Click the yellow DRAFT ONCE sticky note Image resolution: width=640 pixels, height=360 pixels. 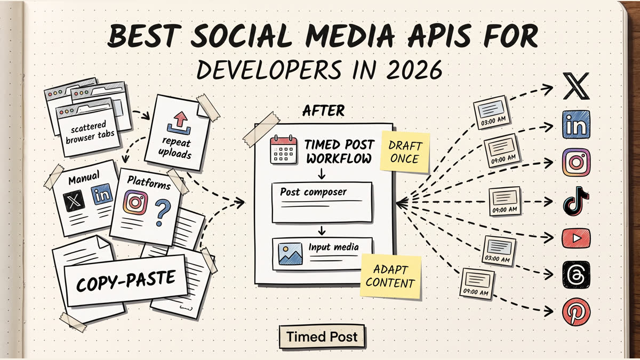point(405,151)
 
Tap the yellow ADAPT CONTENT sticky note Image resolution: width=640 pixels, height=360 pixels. point(390,276)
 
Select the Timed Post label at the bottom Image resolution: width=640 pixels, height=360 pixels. point(322,337)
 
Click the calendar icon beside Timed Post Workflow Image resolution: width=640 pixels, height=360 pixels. point(283,149)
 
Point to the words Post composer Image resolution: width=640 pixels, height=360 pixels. point(313,191)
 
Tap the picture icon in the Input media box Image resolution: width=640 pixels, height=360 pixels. point(290,254)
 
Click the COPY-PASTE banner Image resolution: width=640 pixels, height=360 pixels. point(126,281)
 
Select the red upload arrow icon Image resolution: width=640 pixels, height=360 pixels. point(179,123)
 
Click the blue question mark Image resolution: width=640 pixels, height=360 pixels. point(162,213)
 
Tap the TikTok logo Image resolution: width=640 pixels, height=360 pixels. point(575,201)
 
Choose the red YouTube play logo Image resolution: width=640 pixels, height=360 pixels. point(576,238)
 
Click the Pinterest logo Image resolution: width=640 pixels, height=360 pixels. point(576,311)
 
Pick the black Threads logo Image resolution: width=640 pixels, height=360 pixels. point(576,275)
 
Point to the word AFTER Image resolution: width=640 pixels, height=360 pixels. point(323,111)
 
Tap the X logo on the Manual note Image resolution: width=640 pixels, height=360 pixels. point(74,201)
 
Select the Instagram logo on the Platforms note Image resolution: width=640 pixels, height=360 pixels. point(135,203)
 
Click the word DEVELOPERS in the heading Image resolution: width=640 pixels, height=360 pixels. point(269,70)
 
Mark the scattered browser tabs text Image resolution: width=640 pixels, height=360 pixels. point(90,132)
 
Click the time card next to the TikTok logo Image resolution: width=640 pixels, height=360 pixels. point(505,201)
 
